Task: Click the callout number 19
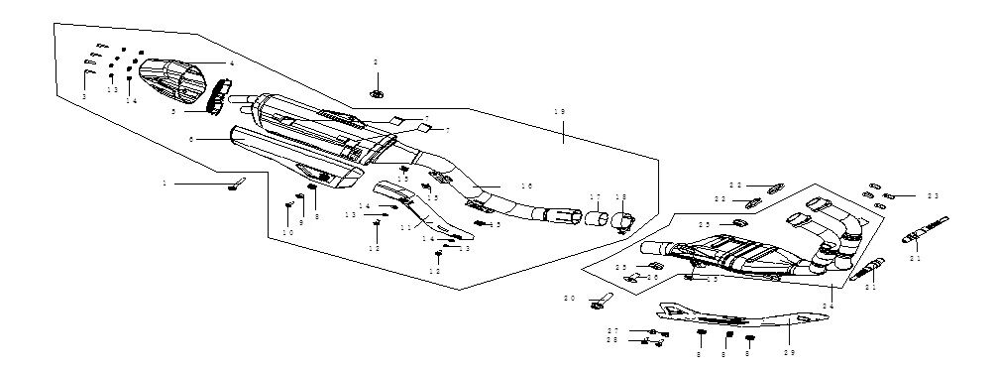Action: [x=562, y=114]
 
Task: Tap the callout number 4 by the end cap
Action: [x=231, y=62]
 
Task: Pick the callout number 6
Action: [x=191, y=140]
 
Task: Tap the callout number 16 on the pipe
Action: [x=526, y=186]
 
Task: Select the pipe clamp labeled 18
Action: [x=621, y=221]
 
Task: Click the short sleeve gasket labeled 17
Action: [x=595, y=218]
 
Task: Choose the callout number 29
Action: [x=789, y=350]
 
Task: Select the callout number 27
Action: [x=613, y=330]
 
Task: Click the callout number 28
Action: [x=613, y=340]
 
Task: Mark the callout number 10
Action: [x=288, y=233]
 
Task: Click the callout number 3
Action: [x=84, y=96]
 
